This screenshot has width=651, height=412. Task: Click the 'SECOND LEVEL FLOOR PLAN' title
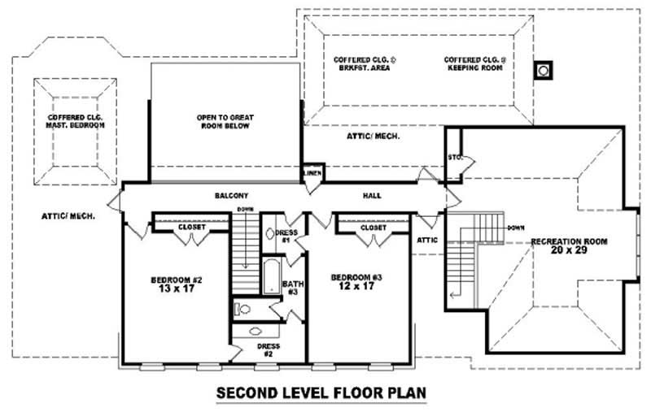click(321, 393)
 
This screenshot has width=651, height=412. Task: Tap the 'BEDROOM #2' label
click(176, 284)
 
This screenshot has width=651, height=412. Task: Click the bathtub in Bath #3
click(270, 276)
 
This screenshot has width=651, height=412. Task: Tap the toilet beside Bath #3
click(242, 308)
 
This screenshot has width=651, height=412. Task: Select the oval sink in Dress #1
click(271, 233)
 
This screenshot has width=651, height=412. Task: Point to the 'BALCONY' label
click(230, 196)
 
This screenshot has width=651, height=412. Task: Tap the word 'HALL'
click(371, 196)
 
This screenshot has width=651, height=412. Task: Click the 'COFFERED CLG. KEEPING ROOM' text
click(475, 64)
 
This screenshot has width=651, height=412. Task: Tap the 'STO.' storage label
click(453, 158)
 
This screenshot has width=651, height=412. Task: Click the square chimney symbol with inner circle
click(542, 71)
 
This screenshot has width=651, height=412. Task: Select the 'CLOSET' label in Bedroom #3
click(373, 228)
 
